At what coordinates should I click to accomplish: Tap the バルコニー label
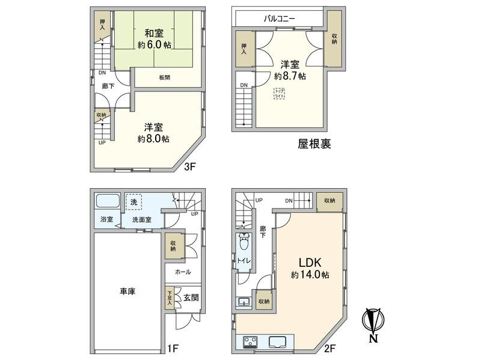point(279,19)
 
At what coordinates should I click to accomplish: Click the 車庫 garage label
point(127,291)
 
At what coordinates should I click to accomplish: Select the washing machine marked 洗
point(133,203)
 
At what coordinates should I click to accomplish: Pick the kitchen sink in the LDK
point(279,343)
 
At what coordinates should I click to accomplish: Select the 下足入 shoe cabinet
point(169,298)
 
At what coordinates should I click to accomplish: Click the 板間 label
point(165,77)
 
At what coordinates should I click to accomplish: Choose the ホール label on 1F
point(183,272)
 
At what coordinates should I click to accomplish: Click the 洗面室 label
point(142,220)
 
